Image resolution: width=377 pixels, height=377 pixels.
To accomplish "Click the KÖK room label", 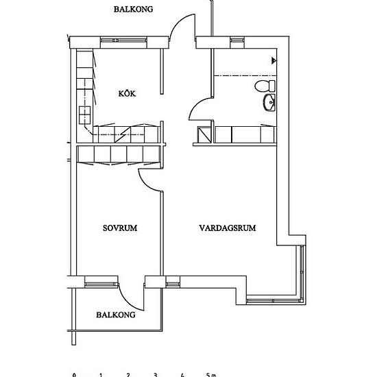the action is tap(127, 93).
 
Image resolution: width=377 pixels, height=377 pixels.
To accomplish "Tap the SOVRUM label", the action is tap(120, 228).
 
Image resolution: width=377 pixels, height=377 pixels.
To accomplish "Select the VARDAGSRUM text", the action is tap(228, 228).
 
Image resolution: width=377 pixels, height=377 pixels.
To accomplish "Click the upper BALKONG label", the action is tap(133, 9).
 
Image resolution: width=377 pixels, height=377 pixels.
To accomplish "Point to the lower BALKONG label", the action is tap(116, 315).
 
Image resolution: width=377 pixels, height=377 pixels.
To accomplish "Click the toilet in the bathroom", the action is tap(265, 86).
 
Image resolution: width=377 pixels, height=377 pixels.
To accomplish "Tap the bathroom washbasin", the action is tap(269, 103).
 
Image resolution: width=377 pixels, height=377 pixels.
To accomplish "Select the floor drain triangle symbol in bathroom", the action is tap(274, 60).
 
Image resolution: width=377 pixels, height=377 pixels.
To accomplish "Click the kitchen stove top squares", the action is tap(85, 115).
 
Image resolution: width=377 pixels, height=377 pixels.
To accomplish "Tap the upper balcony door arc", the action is tap(179, 22).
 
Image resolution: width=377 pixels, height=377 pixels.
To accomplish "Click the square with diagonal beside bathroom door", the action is tap(204, 134).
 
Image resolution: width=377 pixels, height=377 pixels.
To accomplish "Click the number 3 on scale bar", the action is tap(156, 375).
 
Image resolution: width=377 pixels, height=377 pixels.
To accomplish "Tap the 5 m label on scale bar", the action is tap(211, 375).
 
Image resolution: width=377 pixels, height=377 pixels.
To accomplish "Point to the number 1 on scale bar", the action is tap(101, 375).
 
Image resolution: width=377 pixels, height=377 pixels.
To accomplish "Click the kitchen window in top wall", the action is tap(123, 40).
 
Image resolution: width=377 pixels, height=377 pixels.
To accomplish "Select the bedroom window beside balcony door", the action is tap(101, 284).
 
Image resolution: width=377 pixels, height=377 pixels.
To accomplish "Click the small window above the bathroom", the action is tap(238, 40).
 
